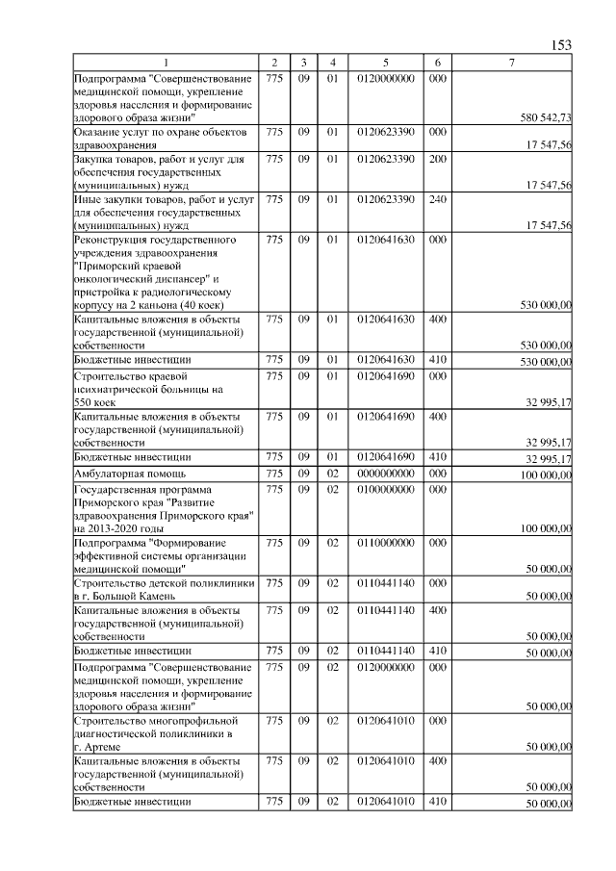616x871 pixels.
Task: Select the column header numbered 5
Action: point(385,64)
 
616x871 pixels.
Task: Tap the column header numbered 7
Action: point(512,64)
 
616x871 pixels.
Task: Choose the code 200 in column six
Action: point(437,158)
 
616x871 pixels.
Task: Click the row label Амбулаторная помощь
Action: point(130,474)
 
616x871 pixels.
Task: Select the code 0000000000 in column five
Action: point(385,474)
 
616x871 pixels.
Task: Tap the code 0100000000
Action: point(385,489)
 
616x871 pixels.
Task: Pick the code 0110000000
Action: point(385,543)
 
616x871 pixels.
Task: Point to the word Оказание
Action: point(99,131)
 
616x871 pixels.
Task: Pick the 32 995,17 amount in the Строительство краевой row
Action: point(546,403)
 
